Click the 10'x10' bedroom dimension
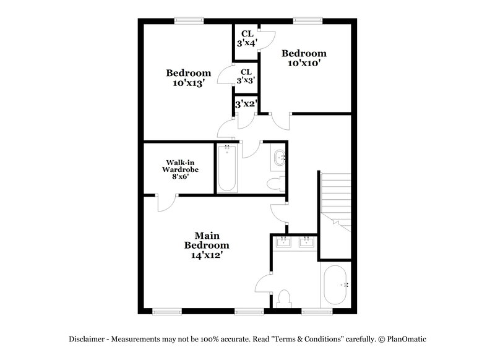(303, 62)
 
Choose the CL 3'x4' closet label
(247, 38)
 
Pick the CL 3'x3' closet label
(246, 76)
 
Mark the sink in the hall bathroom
(279, 158)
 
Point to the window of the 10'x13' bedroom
(189, 20)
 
